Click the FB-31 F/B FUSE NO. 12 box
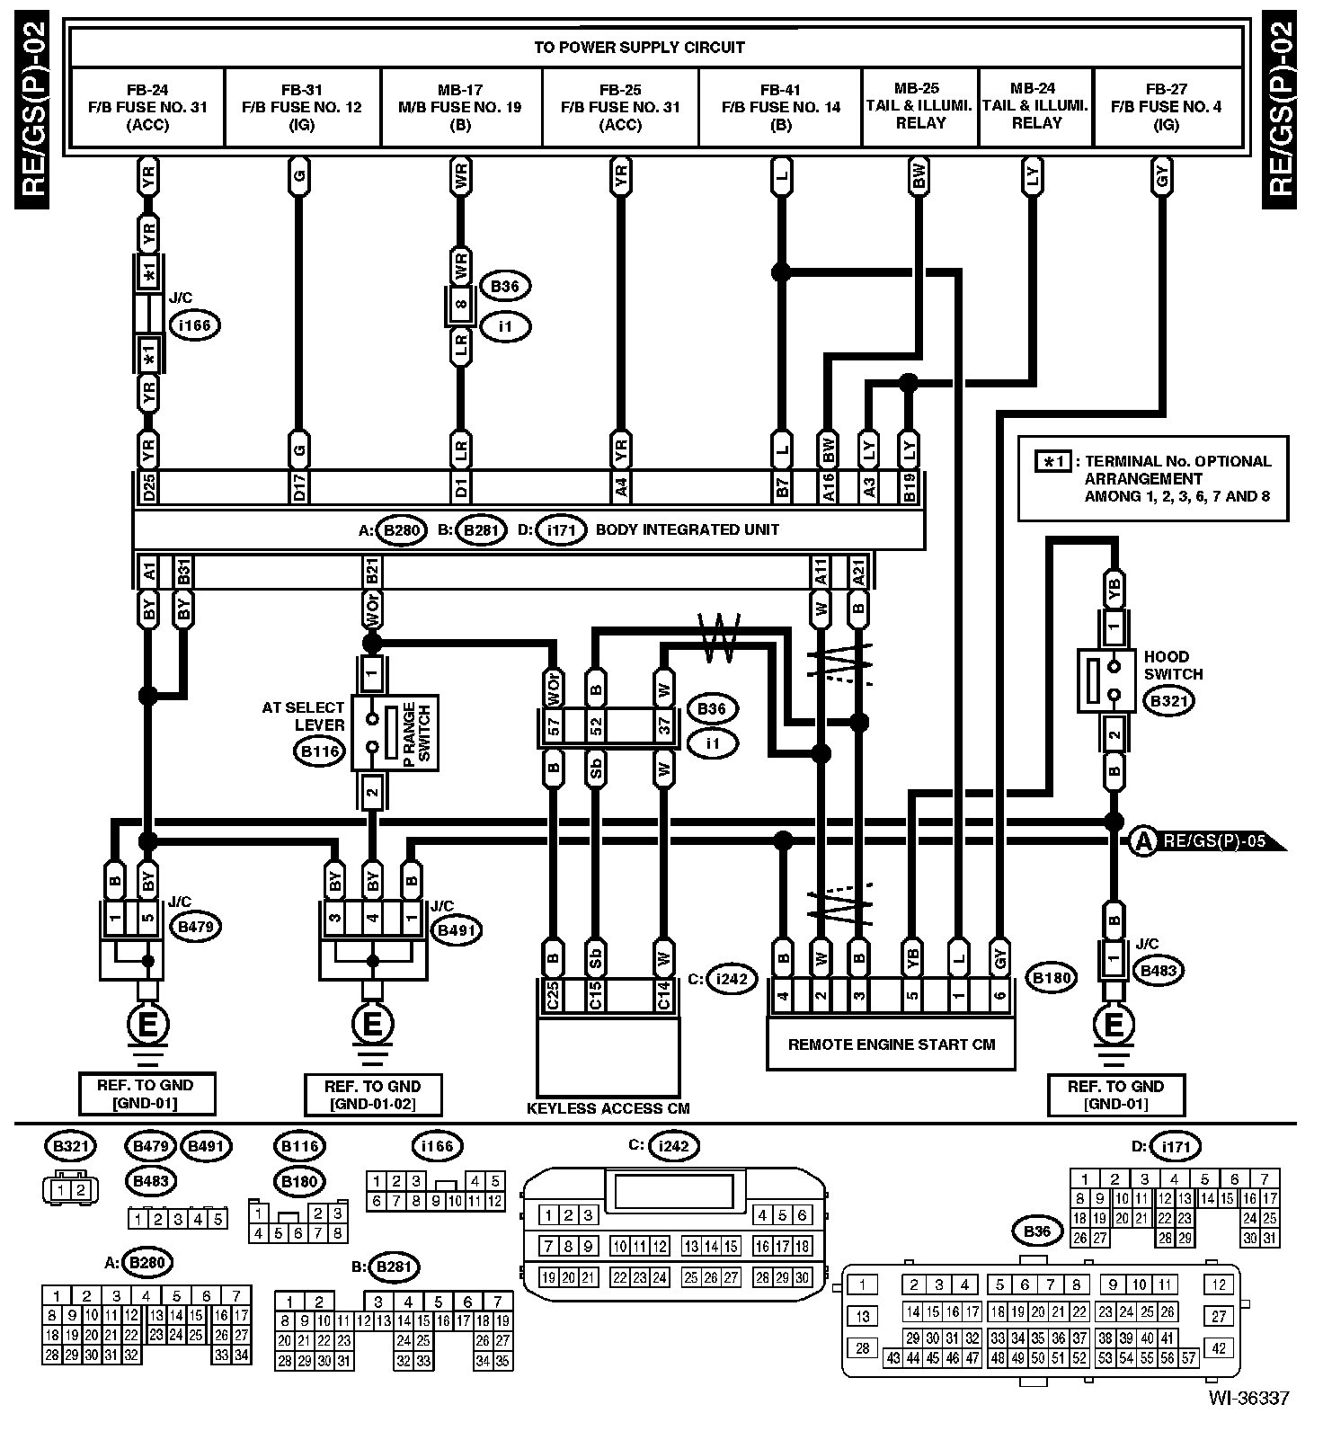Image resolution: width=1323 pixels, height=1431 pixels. (x=302, y=107)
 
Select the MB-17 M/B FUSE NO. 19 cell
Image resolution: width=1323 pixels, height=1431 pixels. (x=460, y=107)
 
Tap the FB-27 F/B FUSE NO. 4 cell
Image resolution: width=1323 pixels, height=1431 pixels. (x=1167, y=107)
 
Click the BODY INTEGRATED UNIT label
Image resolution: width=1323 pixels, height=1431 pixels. (x=688, y=529)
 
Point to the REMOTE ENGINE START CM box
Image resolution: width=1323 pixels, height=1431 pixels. (x=891, y=1044)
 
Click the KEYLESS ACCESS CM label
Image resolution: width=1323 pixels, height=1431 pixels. (x=608, y=1108)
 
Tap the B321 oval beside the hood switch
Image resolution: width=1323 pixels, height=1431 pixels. (x=1168, y=701)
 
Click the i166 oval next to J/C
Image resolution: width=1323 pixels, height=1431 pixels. (x=194, y=325)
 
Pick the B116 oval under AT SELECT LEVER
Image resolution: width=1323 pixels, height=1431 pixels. (x=319, y=751)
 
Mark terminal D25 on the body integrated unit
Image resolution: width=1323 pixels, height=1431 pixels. (x=150, y=486)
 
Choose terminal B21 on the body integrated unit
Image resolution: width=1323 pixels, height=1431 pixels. (x=371, y=570)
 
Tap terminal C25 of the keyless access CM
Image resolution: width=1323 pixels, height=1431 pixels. (x=553, y=995)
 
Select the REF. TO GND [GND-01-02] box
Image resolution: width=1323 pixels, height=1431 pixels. (x=372, y=1095)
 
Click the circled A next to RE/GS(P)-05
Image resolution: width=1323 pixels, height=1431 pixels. (x=1142, y=841)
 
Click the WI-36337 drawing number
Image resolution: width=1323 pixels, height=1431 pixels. (x=1248, y=1399)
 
